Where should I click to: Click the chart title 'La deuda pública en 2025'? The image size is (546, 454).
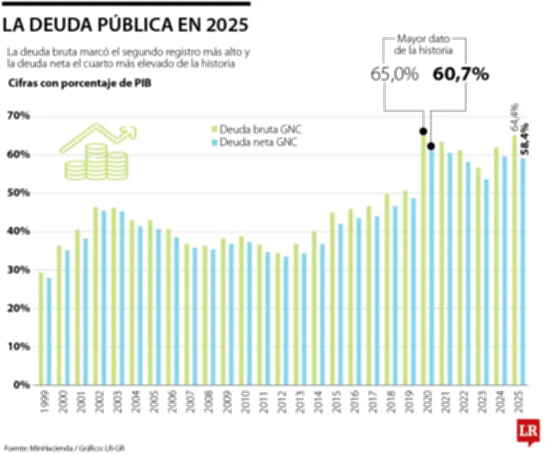124,25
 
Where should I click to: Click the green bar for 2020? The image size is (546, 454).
423,259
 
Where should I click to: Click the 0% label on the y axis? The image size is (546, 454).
22,384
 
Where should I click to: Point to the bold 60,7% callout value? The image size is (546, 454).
461,74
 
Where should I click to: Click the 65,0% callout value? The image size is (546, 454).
394,74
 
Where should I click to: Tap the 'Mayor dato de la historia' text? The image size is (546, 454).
424,45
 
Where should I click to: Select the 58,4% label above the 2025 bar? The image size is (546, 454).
523,139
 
